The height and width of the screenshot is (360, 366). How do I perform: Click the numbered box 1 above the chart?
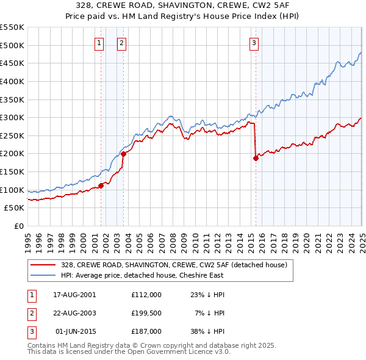(99, 43)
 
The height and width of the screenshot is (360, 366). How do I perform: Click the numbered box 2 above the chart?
(121, 43)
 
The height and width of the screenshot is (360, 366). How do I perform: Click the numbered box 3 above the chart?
(253, 43)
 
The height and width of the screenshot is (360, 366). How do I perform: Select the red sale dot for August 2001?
(101, 185)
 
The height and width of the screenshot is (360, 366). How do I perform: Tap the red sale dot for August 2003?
(123, 154)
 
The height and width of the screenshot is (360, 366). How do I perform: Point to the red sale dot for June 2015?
(256, 158)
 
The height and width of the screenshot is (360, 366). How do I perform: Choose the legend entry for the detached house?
(174, 265)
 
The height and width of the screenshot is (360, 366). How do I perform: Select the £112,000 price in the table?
(146, 294)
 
